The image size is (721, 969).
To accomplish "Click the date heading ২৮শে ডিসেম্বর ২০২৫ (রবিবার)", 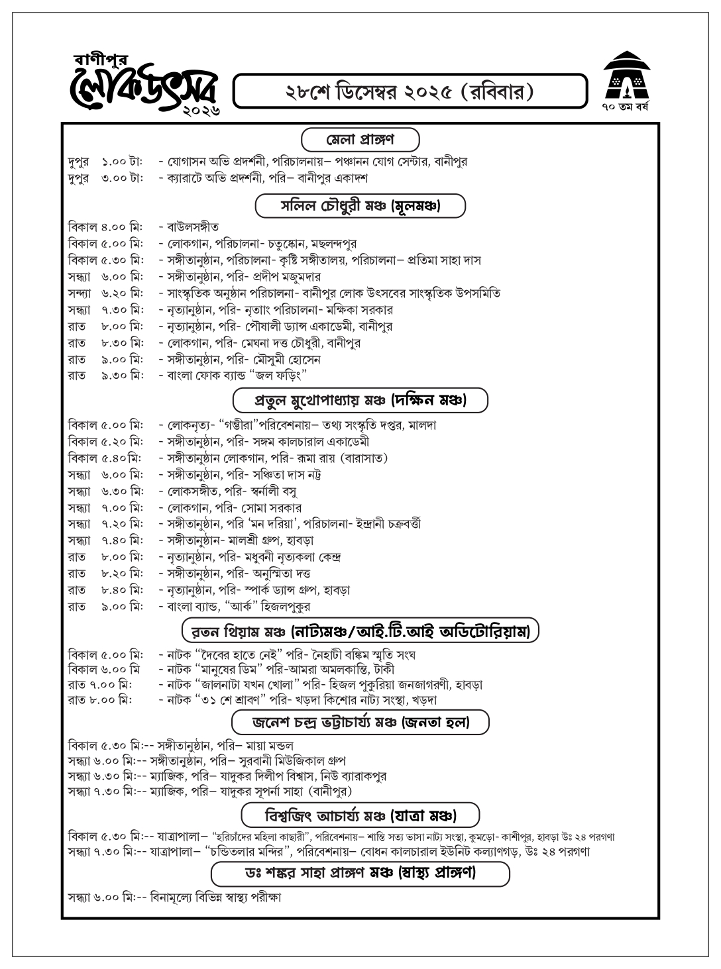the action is [x=410, y=91].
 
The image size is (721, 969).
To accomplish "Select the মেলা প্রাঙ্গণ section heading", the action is [x=360, y=140].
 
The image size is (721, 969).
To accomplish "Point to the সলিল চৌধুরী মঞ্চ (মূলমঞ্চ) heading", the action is [x=360, y=206].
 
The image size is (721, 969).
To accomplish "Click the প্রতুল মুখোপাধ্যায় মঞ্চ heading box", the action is [x=360, y=401].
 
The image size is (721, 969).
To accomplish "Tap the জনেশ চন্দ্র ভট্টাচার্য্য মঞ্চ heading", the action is [x=360, y=722].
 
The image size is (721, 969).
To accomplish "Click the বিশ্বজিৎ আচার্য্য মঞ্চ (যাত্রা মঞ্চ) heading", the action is [x=360, y=813].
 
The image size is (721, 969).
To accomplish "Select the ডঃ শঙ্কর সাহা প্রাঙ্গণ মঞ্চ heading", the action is [x=360, y=873].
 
